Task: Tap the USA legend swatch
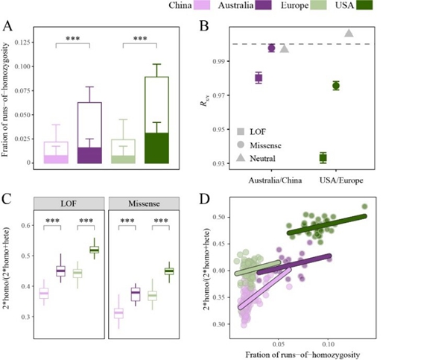pyautogui.click(x=363, y=6)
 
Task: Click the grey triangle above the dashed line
pyautogui.click(x=349, y=33)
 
